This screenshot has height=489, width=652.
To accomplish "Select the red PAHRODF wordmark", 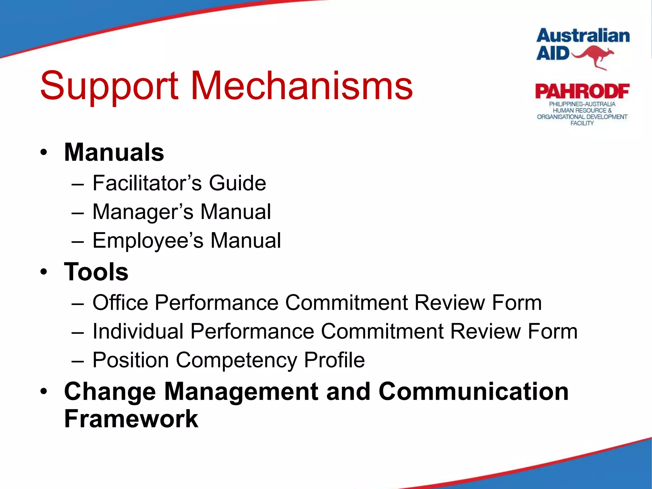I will click(582, 92).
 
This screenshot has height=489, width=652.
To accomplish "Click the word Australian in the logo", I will click(583, 36).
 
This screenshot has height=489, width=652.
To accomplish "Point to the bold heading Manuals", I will click(114, 152).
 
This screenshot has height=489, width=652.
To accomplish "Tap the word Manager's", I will click(143, 212).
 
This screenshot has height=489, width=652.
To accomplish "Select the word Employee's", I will click(148, 241).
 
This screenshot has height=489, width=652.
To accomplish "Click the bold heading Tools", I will click(96, 272).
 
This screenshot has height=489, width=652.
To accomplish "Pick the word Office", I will click(120, 302).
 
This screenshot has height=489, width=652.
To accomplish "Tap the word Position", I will click(131, 360).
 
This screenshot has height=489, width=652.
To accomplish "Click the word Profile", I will click(334, 360).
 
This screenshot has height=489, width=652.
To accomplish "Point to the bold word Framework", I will click(131, 419).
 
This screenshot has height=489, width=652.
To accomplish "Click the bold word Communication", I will click(473, 391).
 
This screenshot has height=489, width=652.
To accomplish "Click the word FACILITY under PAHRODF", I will click(582, 123).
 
